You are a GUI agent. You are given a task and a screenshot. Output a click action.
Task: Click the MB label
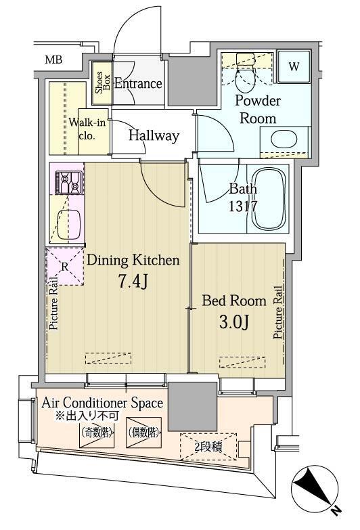coord(53,60)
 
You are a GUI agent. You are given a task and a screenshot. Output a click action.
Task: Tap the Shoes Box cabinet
coord(102,83)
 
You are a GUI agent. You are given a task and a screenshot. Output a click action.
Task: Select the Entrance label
coord(138,83)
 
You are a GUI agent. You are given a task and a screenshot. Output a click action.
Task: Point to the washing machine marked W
coord(294,66)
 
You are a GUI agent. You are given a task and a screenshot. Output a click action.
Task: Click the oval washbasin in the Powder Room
coord(284,139)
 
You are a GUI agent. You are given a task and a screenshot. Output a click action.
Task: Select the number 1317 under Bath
coord(243,206)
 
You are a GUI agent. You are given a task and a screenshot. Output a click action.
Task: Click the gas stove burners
coord(69,182)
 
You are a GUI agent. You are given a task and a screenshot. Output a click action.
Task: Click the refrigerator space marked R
coord(65,267)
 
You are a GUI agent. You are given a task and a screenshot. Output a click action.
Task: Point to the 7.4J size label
coord(133,281)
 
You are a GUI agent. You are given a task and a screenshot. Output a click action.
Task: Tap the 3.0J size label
coord(234,322)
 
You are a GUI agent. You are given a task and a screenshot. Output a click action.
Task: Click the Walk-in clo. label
coord(87,129)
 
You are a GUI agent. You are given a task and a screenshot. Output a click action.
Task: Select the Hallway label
coord(154,135)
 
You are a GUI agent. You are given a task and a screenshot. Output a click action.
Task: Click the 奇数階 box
coord(96,433)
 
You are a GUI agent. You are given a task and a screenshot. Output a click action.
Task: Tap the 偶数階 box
coord(143,433)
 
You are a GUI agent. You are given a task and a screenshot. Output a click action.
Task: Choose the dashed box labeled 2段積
coord(208,447)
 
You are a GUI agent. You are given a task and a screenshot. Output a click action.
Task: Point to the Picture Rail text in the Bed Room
coord(278,312)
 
